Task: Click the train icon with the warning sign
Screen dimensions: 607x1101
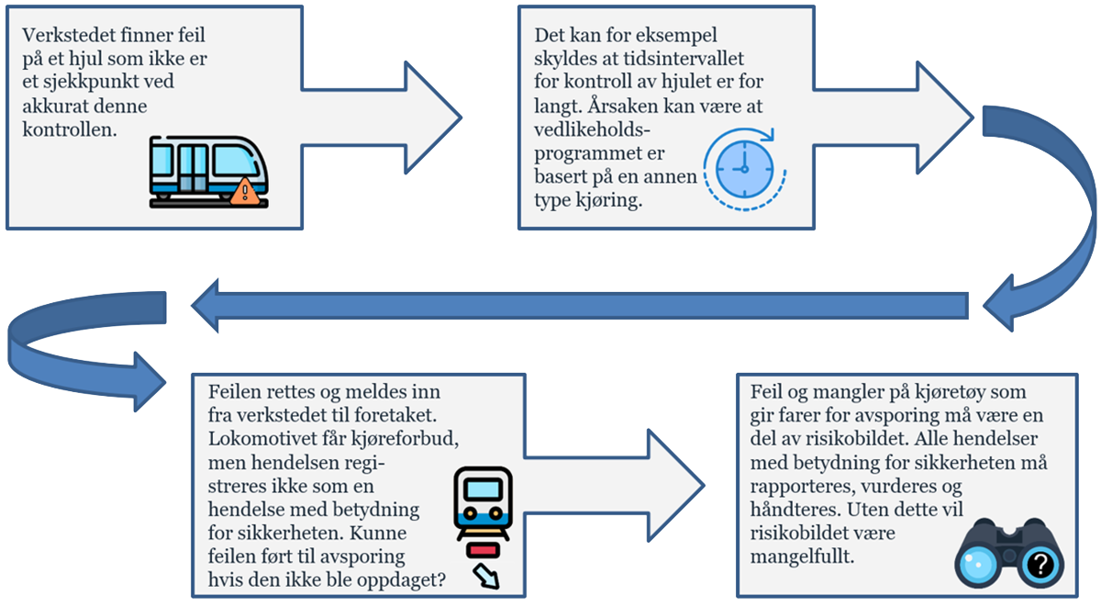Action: point(209,171)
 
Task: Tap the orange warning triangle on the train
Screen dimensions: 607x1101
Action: point(244,191)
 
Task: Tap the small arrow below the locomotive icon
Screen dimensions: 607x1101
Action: point(485,576)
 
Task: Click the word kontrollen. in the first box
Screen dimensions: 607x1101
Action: point(70,129)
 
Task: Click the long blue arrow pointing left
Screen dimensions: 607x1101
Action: point(578,305)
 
